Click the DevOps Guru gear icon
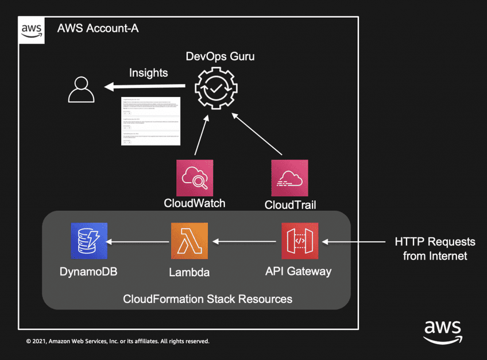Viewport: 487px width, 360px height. click(215, 88)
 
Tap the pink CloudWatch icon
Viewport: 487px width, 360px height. click(195, 178)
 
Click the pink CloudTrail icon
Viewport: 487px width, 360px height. click(289, 178)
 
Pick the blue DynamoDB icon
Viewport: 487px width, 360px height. click(89, 242)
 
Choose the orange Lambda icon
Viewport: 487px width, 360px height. click(190, 242)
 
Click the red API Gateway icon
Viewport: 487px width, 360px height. click(299, 242)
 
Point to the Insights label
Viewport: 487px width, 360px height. click(148, 73)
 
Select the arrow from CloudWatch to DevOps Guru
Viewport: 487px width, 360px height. click(201, 134)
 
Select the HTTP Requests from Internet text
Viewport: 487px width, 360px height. click(435, 249)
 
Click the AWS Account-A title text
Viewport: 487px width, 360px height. click(98, 29)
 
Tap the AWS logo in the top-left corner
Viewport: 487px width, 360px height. click(32, 30)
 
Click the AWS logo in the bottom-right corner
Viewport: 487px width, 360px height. click(442, 331)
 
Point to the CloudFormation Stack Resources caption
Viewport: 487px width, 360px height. click(207, 299)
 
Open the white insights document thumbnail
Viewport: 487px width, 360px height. click(151, 121)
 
